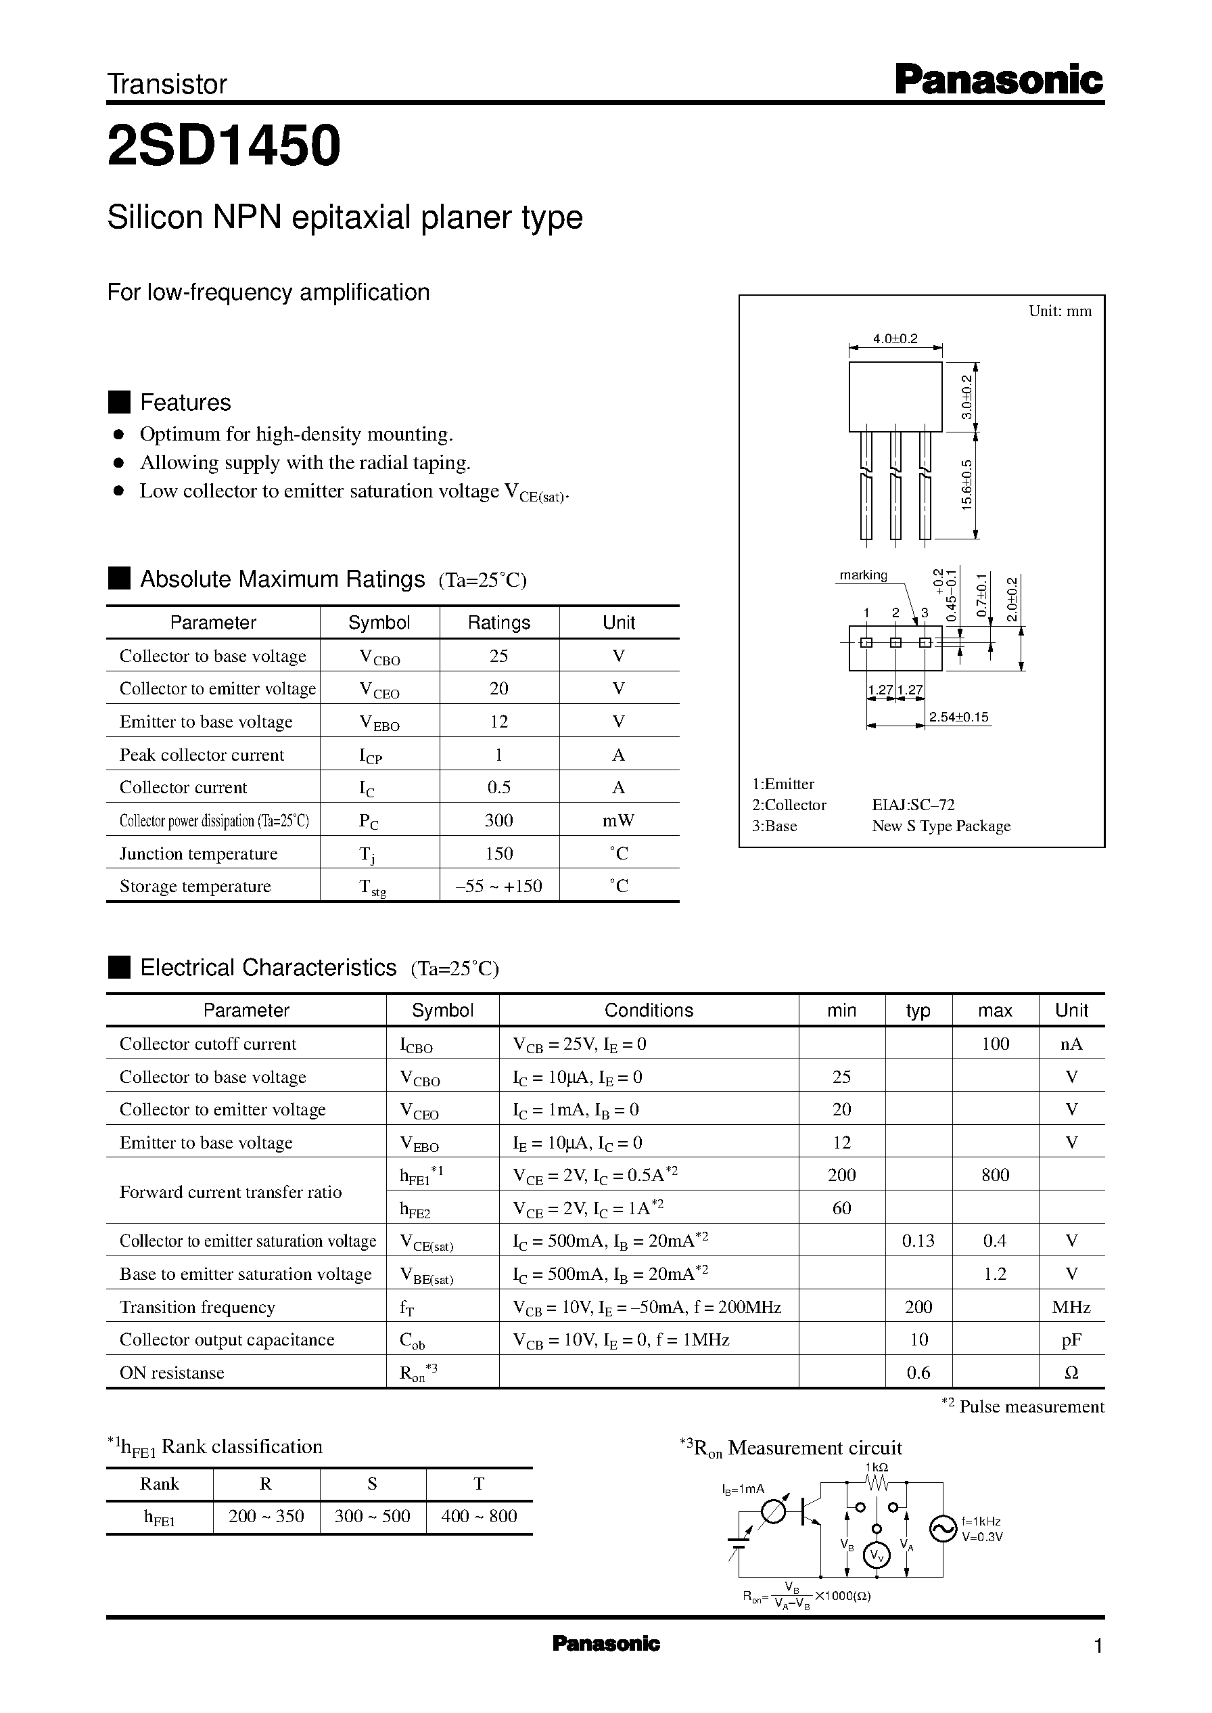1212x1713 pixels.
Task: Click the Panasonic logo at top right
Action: tap(998, 80)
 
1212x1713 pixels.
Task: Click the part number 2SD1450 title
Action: tap(224, 146)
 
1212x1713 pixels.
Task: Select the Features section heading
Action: tap(185, 403)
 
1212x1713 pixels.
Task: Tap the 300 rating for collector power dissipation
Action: tap(498, 820)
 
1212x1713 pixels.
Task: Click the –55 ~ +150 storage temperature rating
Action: tap(498, 886)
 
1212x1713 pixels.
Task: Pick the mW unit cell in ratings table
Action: tap(618, 820)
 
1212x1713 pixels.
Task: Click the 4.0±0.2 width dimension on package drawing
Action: tap(895, 338)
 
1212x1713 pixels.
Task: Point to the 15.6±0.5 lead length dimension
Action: tap(967, 485)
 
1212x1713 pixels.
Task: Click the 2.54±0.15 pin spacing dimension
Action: tap(958, 717)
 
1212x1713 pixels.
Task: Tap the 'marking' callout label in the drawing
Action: tap(864, 575)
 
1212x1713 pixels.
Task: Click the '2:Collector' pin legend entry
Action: tap(789, 804)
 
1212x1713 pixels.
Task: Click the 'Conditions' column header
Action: tap(649, 1010)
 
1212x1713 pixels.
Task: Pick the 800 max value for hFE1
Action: tap(995, 1175)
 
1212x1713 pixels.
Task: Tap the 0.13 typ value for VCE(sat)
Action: tap(918, 1241)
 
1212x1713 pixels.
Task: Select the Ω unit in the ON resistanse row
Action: tap(1071, 1373)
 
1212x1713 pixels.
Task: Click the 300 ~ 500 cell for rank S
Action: tap(373, 1516)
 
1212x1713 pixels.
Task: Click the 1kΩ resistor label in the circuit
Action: tap(876, 1466)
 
